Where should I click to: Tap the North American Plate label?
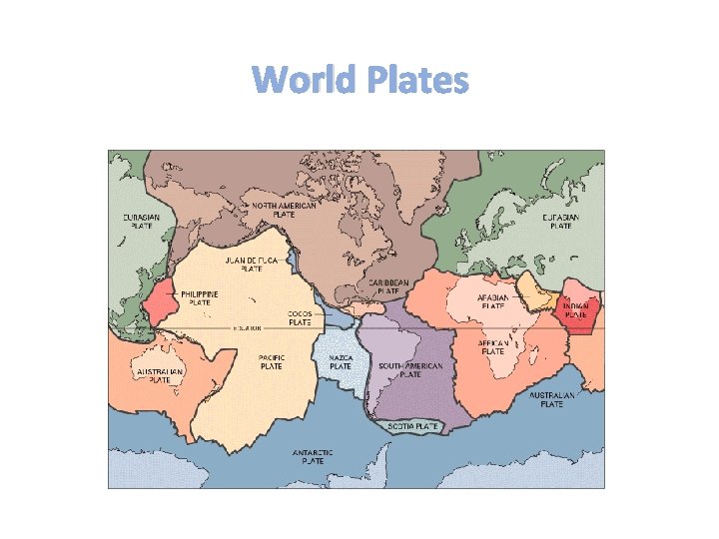[284, 210]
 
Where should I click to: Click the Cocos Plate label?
[300, 317]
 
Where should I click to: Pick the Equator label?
[248, 327]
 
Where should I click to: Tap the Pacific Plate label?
[271, 361]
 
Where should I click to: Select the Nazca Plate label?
[341, 361]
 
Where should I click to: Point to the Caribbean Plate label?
[388, 286]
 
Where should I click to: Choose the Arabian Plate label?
[493, 301]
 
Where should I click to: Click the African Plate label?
[493, 346]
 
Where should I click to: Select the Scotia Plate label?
[414, 426]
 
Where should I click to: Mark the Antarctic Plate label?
[313, 456]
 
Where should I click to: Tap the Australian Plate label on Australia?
[160, 375]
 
